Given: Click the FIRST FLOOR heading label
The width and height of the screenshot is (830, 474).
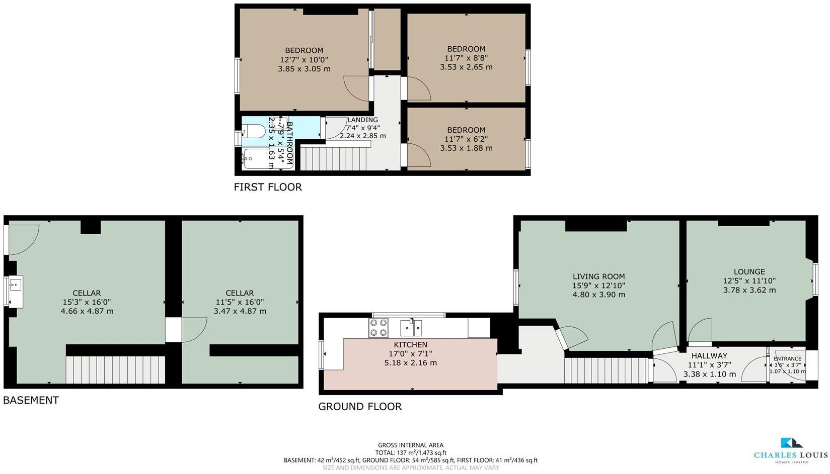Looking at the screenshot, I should click(x=268, y=187).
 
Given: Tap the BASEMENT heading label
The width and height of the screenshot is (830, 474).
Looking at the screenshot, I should click(x=31, y=400).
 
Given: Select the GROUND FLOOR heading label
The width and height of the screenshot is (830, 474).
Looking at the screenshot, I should click(x=360, y=406).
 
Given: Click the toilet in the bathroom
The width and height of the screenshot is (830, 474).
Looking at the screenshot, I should click(x=254, y=132).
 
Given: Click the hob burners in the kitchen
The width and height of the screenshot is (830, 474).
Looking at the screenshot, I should click(x=379, y=328).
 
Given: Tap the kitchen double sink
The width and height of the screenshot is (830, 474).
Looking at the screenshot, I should click(x=411, y=328).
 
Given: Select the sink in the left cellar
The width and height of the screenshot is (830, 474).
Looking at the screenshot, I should click(x=15, y=291).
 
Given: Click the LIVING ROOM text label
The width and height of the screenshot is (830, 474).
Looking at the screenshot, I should click(x=598, y=276).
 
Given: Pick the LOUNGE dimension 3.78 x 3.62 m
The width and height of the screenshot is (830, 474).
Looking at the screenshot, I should click(x=749, y=290).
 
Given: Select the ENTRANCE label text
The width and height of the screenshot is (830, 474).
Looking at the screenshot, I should click(x=787, y=359).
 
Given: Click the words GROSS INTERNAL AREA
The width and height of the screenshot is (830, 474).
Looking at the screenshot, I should click(x=410, y=445).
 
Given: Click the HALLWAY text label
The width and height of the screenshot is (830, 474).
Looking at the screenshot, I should click(x=709, y=355).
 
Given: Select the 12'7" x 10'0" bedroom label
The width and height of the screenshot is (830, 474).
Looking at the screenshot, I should click(x=304, y=50).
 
